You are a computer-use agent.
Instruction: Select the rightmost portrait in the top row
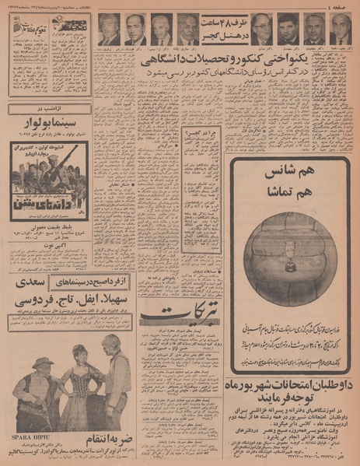pos(340,30)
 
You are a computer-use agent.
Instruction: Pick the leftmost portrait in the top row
pos(109,30)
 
